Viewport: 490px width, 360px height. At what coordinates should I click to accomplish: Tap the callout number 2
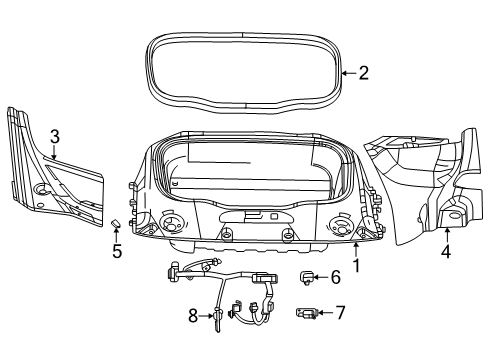364,71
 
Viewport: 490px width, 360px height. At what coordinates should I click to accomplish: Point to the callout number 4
446,252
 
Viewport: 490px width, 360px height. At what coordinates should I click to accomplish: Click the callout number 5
117,251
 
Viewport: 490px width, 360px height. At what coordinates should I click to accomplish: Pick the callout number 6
336,277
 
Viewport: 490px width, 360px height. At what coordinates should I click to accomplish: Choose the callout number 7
340,313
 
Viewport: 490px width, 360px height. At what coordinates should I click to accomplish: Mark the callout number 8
194,315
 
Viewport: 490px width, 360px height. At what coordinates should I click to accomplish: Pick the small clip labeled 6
308,277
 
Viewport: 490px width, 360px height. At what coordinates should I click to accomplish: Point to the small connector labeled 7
307,314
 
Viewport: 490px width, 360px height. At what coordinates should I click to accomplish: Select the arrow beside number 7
323,313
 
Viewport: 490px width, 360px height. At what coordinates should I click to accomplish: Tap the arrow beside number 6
320,277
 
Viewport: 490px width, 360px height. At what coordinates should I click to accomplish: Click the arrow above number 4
446,232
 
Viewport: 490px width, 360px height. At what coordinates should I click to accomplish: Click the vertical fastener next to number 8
215,318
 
